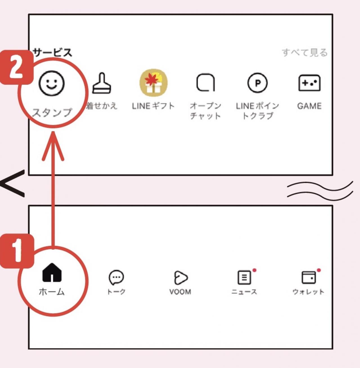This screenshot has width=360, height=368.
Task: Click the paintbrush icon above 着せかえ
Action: pyautogui.click(x=102, y=84)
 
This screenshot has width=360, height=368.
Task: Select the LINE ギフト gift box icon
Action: pyautogui.click(x=153, y=82)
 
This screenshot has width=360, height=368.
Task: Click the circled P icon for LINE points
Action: pyautogui.click(x=257, y=83)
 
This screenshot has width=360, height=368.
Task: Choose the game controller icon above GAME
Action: pyautogui.click(x=309, y=83)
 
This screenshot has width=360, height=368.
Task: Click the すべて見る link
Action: pyautogui.click(x=305, y=53)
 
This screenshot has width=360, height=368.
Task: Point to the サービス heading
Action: pyautogui.click(x=53, y=53)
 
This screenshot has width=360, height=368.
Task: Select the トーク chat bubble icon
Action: pyautogui.click(x=116, y=277)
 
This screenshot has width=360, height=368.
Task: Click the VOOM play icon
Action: pyautogui.click(x=180, y=278)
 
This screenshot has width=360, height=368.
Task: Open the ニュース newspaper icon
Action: pyautogui.click(x=244, y=278)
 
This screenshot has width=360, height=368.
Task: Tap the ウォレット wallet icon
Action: pyautogui.click(x=308, y=278)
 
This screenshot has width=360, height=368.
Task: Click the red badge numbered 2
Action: pyautogui.click(x=16, y=68)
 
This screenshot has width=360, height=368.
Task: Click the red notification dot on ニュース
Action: pyautogui.click(x=254, y=270)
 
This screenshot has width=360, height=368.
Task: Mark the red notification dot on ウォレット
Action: pyautogui.click(x=319, y=270)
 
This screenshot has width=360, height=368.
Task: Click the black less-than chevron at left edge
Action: pyautogui.click(x=13, y=183)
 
